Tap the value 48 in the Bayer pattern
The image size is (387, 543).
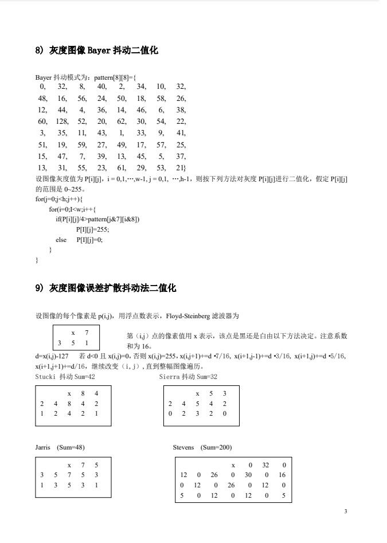pyautogui.click(x=42, y=98)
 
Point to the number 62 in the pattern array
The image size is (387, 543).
pyautogui.click(x=121, y=122)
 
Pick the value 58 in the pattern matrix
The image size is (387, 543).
pyautogui.click(x=161, y=98)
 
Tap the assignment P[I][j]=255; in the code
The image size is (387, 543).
pyautogui.click(x=92, y=229)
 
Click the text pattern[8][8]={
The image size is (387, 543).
pyautogui.click(x=115, y=77)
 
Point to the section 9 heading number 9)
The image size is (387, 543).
pyautogui.click(x=40, y=288)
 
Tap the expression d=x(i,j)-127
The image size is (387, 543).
pyautogui.click(x=53, y=356)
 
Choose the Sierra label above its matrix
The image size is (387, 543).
pyautogui.click(x=169, y=376)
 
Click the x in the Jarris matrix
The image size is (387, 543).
pyautogui.click(x=69, y=465)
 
